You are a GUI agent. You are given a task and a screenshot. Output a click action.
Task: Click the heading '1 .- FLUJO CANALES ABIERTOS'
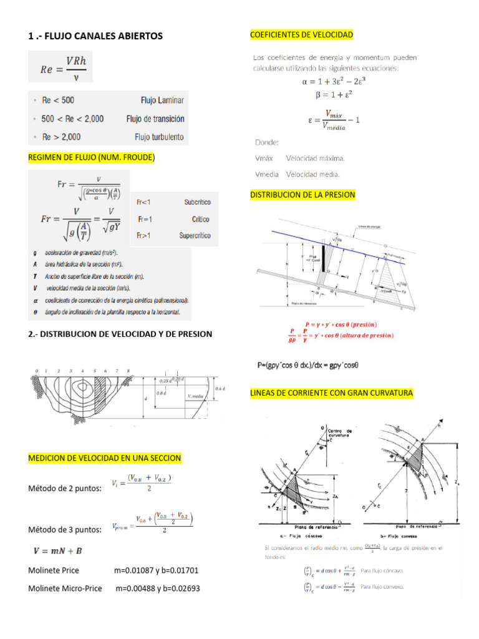[x=95, y=36]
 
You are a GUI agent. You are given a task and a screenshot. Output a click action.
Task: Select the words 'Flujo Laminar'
[x=162, y=100]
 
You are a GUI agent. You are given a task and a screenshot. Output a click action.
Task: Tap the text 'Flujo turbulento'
[x=160, y=137]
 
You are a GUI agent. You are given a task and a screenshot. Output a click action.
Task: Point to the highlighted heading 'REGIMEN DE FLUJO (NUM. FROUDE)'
[x=91, y=158]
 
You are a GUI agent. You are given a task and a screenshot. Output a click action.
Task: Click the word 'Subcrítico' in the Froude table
[x=197, y=202]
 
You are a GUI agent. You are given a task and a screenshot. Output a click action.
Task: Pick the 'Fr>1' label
[x=144, y=236]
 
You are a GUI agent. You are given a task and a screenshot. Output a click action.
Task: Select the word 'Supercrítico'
[x=195, y=236]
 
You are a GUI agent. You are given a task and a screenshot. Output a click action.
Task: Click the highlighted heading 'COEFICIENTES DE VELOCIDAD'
[x=301, y=34]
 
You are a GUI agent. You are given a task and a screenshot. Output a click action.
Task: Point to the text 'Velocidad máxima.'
[x=315, y=159]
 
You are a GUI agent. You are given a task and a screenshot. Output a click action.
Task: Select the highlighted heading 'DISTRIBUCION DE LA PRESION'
[x=302, y=195]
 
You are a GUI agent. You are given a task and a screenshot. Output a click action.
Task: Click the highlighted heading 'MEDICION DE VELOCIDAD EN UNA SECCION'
[x=105, y=458]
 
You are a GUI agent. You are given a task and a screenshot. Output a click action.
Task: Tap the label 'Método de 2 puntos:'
[x=65, y=489]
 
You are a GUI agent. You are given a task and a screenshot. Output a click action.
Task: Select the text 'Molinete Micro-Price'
[x=65, y=588]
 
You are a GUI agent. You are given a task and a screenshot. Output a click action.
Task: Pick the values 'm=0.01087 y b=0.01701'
[x=156, y=570]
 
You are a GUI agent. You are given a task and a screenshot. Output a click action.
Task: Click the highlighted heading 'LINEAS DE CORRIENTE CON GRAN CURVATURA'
[x=331, y=393]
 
